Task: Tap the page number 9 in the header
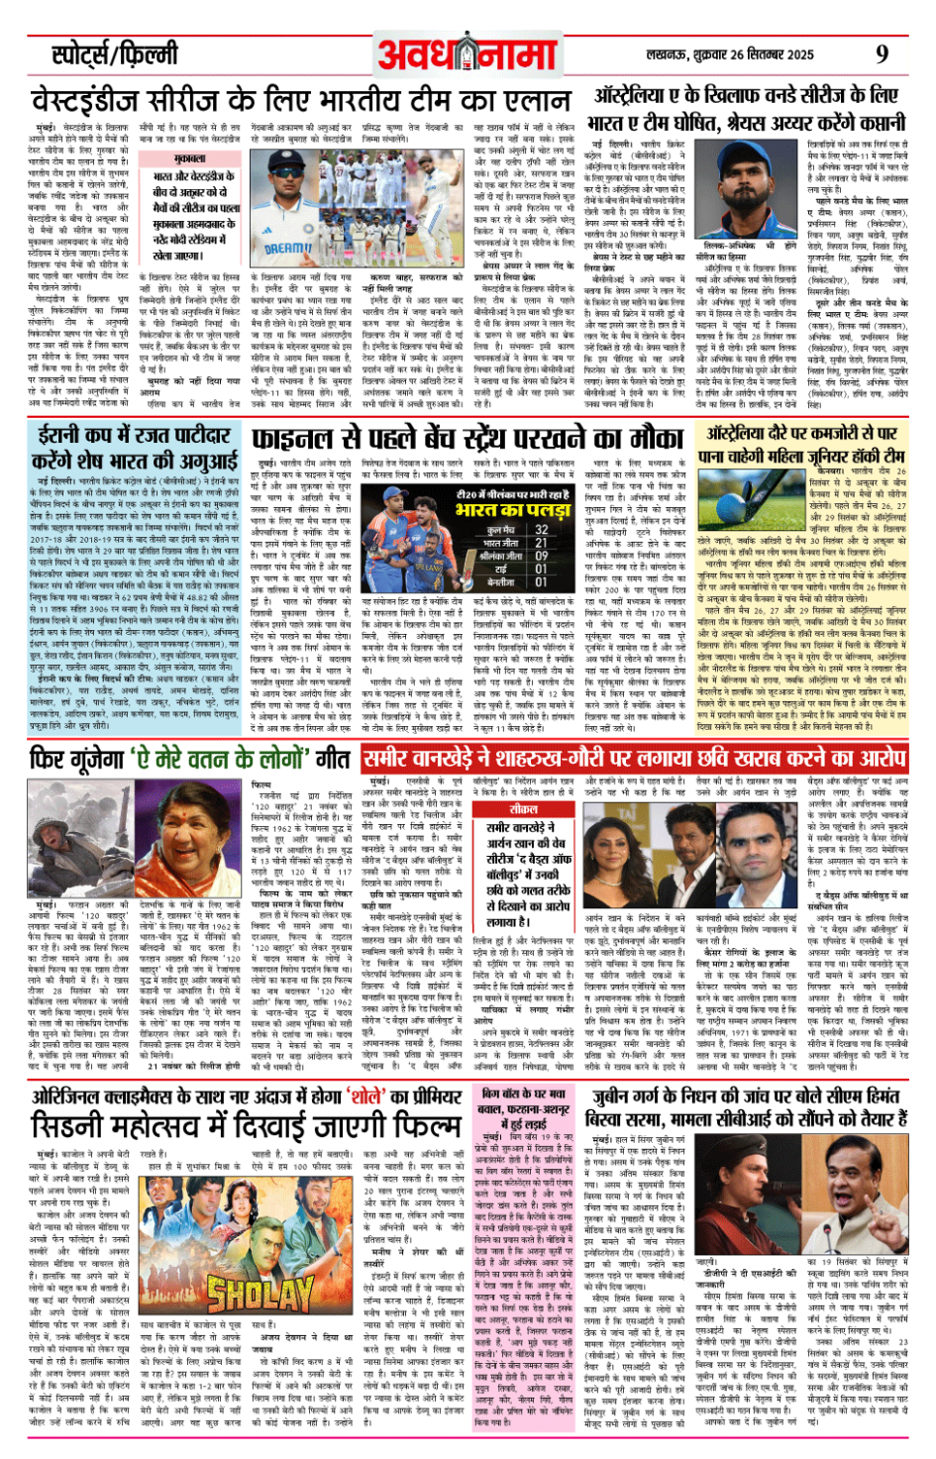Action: tap(882, 53)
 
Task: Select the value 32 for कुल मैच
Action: tap(541, 530)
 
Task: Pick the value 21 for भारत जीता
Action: tap(541, 543)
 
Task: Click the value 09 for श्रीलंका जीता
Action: tap(541, 556)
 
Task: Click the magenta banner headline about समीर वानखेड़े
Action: tap(634, 760)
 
